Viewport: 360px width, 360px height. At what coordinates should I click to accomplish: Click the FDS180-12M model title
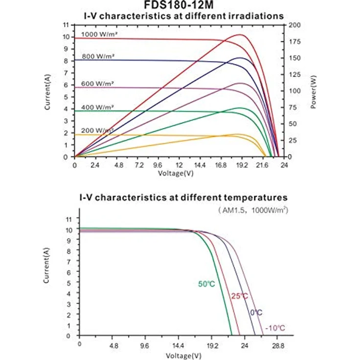coord(179,5)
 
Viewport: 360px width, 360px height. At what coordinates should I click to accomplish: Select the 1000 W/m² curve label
coord(99,34)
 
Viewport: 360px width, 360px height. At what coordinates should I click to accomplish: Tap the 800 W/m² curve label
coord(98,56)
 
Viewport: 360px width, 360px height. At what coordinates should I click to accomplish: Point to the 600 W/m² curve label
coord(97,84)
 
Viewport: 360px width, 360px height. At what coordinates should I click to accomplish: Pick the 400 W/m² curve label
coord(97,107)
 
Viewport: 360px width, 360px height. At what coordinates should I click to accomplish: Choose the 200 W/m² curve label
coord(97,131)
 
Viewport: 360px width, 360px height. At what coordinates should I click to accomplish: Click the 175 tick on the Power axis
coord(294,42)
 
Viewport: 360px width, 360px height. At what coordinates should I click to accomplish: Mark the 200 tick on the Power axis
coord(294,25)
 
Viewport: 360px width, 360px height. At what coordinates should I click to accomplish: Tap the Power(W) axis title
coord(313,92)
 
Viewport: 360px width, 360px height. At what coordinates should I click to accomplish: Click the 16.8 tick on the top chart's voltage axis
coord(221,165)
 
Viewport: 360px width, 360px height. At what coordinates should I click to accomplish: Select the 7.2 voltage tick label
coord(139,165)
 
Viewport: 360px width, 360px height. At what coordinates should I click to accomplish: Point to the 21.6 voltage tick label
coord(262,165)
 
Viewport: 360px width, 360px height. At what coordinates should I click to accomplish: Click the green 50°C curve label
coord(206,284)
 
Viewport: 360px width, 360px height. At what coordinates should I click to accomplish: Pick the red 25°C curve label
coord(240,296)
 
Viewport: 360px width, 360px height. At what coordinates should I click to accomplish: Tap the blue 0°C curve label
coord(256,313)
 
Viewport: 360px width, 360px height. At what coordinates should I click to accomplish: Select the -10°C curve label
coord(275,328)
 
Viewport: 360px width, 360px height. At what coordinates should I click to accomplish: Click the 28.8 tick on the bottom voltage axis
coord(278,345)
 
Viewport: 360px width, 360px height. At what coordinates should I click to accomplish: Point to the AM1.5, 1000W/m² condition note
coord(253,210)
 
